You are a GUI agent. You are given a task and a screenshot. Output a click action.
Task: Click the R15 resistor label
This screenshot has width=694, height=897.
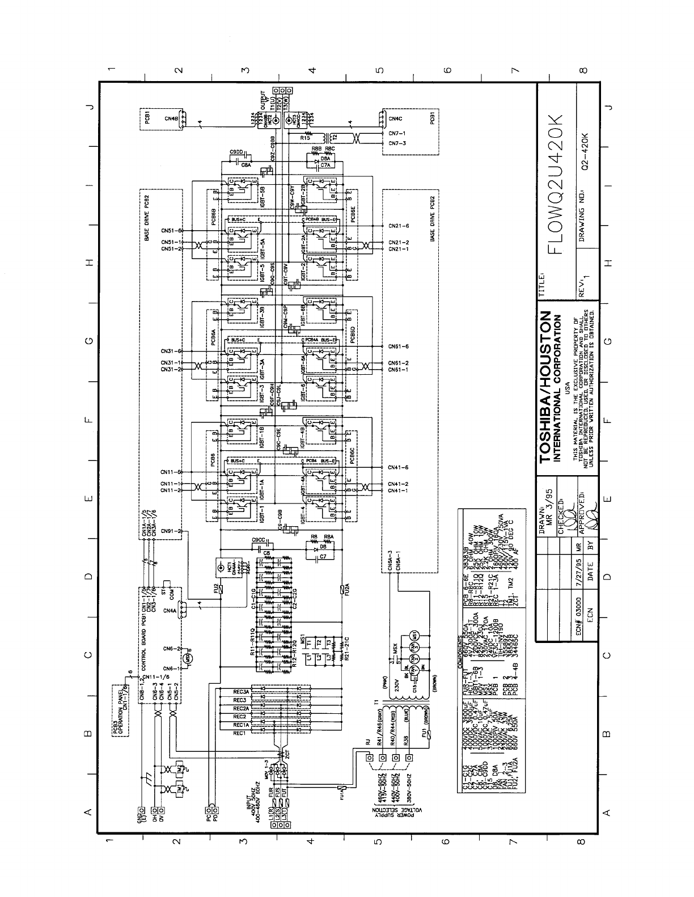304,137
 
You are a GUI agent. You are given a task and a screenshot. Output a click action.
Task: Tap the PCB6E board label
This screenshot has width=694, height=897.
353,216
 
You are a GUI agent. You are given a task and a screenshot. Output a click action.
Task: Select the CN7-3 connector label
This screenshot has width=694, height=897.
397,143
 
